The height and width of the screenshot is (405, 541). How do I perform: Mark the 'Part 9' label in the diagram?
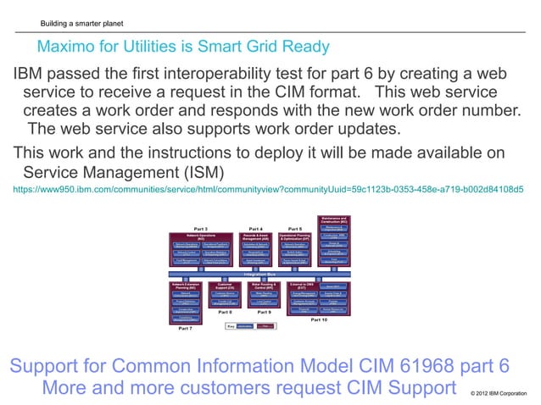click(264, 312)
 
